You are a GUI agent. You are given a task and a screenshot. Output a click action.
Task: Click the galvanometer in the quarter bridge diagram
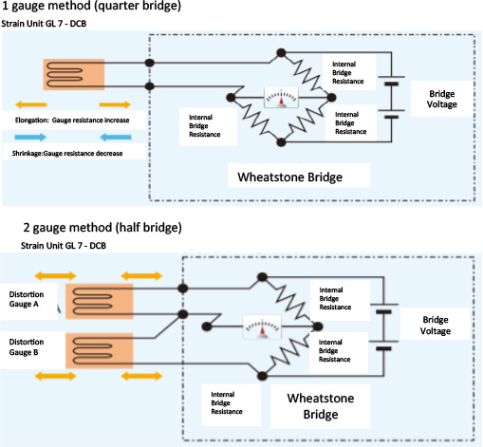[x=281, y=97]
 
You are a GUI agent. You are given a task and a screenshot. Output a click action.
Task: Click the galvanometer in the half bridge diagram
[x=262, y=326]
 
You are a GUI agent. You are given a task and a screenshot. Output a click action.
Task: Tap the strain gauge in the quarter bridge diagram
[x=74, y=74]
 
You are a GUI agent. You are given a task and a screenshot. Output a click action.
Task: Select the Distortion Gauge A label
[x=27, y=299]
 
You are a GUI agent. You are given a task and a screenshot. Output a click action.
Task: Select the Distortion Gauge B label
[x=27, y=347]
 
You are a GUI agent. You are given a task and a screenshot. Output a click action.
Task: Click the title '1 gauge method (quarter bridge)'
[x=91, y=6]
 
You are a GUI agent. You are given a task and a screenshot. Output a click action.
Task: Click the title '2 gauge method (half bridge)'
[x=102, y=228]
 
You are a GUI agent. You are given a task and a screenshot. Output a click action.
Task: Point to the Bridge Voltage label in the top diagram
[x=442, y=99]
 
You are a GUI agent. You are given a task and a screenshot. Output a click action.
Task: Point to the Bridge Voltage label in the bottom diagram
[x=436, y=326]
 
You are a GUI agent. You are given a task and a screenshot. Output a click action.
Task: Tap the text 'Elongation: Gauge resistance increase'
[x=72, y=121]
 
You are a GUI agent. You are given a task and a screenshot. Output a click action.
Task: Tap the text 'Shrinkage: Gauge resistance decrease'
[x=67, y=154]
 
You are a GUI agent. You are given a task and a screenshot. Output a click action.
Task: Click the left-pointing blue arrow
[x=116, y=137]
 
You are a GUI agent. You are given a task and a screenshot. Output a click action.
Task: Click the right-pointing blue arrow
[x=30, y=137]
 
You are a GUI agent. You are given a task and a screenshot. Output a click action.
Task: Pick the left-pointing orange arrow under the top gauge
[x=31, y=104]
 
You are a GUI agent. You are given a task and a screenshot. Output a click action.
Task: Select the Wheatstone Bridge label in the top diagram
[x=290, y=177]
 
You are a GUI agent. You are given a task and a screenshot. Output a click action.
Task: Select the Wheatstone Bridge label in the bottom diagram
[x=321, y=406]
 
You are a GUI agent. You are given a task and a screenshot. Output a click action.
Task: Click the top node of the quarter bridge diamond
[x=281, y=53]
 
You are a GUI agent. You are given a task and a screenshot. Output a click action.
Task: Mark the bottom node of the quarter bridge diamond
[x=281, y=142]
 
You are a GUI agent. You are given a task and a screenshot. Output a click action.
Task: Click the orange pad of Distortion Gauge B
[x=100, y=350]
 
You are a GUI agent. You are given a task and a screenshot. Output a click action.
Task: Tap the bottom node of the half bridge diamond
[x=262, y=376]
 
